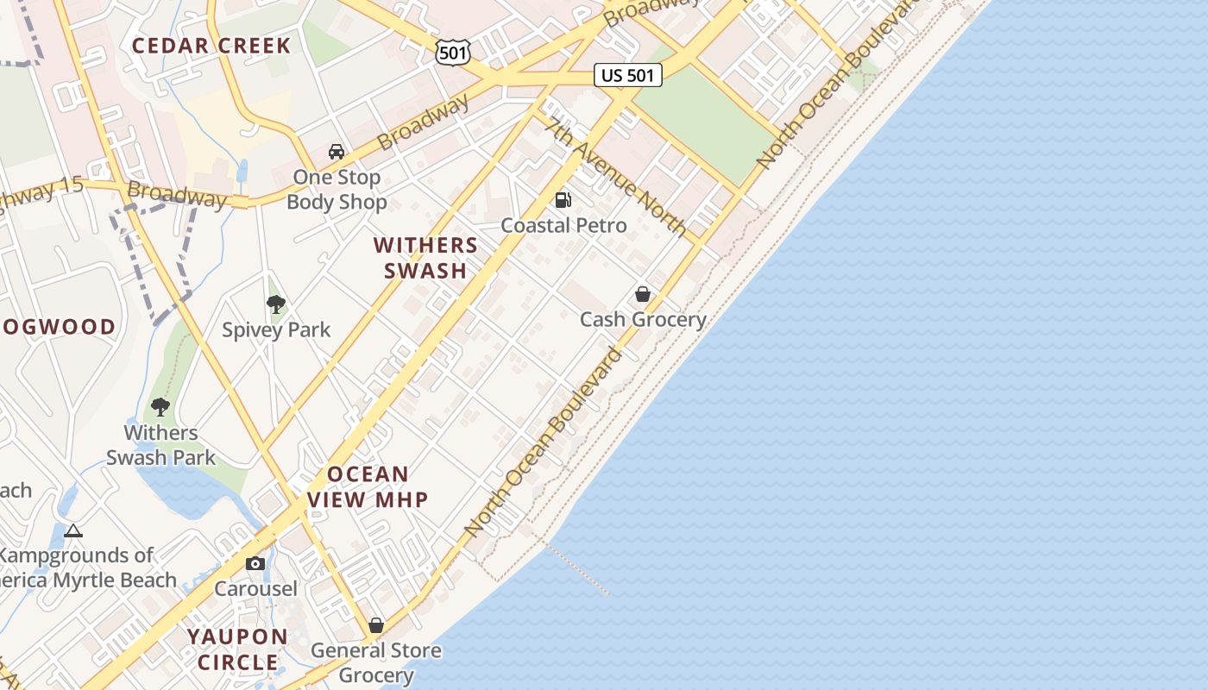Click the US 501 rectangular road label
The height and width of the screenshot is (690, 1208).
627,75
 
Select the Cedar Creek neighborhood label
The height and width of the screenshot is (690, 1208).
211,46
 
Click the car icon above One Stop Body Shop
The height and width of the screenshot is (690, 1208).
337,152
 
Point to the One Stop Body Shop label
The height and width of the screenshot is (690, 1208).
337,190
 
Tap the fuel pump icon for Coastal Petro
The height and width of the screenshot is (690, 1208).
563,200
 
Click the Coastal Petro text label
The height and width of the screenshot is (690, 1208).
563,225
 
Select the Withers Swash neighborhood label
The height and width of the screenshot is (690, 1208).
425,258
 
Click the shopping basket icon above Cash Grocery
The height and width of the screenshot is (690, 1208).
643,294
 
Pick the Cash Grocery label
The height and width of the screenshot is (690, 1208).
643,319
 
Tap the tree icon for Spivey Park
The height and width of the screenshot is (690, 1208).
276,304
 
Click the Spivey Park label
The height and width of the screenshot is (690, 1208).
276,329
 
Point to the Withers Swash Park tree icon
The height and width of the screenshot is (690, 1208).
160,407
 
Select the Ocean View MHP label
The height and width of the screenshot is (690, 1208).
368,486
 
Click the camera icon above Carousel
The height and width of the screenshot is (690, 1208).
255,563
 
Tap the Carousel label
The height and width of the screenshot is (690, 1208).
255,589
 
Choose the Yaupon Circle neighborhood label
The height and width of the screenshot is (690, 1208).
238,649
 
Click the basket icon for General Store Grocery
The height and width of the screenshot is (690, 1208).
376,624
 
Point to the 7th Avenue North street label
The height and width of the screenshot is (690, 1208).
615,176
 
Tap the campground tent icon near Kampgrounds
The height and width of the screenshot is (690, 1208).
73,530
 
